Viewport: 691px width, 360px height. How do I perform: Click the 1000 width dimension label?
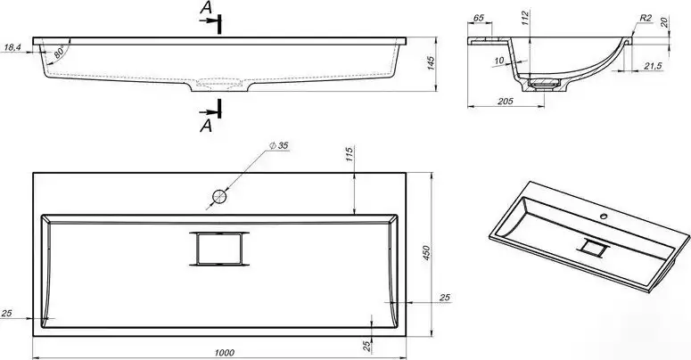coord(225,353)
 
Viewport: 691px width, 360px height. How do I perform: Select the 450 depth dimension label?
coord(426,253)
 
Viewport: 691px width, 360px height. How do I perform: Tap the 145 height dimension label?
coord(431,63)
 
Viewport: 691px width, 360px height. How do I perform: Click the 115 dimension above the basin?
coord(350,155)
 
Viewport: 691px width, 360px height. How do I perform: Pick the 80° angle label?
coord(59,53)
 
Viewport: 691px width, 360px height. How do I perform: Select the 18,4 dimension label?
coord(12,46)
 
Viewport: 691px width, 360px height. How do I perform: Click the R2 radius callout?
coord(646,18)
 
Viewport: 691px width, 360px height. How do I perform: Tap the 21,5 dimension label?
coord(653,66)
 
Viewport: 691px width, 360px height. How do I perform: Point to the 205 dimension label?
coord(505,101)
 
